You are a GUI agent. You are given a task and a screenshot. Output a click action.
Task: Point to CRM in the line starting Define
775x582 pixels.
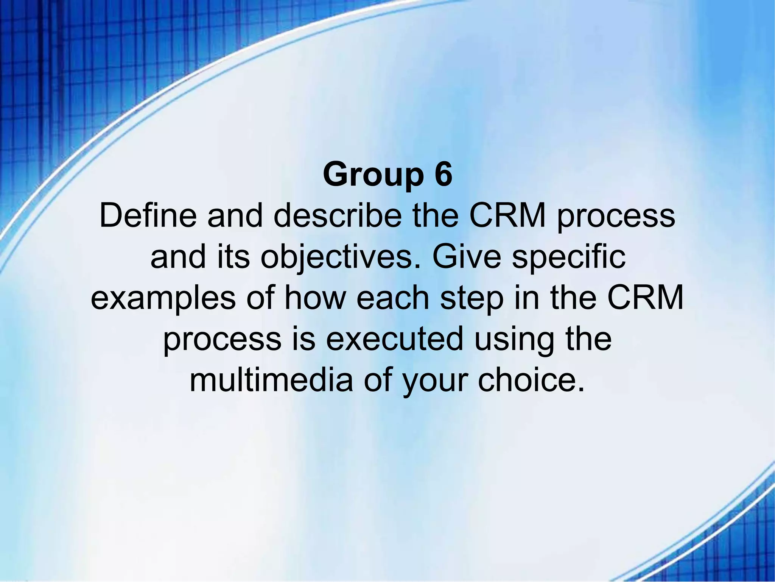[508, 216]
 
